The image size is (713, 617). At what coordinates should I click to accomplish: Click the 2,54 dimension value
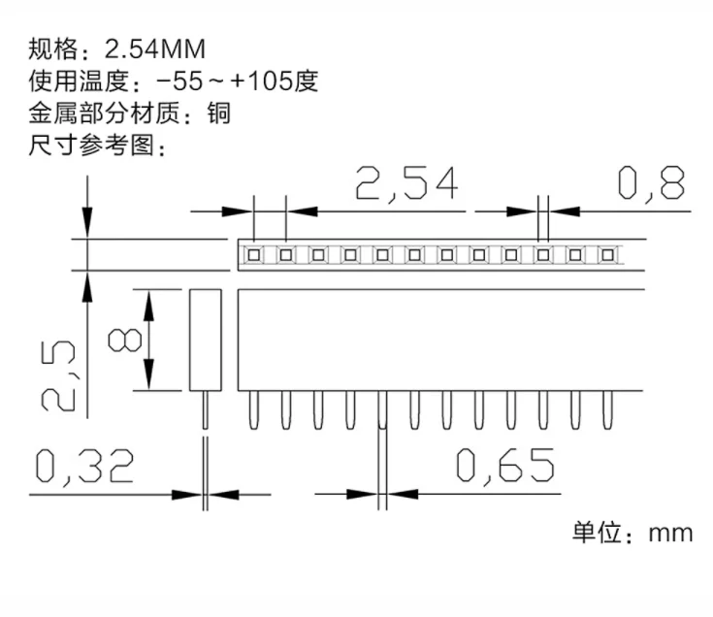point(405,183)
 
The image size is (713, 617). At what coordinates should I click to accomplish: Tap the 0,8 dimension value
point(652,182)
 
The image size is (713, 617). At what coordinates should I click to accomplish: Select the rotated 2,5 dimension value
point(55,374)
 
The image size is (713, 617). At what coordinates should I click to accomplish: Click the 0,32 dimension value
point(84,468)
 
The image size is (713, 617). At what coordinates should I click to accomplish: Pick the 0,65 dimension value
point(507,467)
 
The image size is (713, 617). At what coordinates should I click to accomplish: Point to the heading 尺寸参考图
point(91,146)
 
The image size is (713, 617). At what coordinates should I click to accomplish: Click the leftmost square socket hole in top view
point(254,255)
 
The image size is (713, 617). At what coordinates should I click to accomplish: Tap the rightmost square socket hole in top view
point(607,255)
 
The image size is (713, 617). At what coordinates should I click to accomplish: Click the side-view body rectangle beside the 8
point(205,340)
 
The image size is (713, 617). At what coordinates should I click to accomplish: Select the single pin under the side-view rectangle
point(205,408)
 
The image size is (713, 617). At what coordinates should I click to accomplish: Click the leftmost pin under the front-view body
point(254,409)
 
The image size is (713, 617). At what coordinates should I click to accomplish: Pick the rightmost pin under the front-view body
point(607,409)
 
